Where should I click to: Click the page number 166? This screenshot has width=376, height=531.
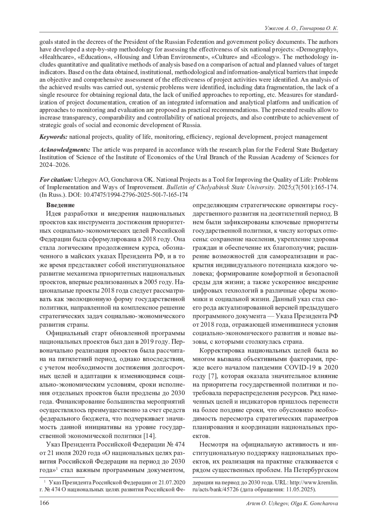44,503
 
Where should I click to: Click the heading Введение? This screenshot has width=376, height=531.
60,205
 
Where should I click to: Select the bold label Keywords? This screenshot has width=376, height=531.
53,137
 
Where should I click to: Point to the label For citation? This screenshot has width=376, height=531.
56,180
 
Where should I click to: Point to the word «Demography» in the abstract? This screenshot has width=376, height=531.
321,49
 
